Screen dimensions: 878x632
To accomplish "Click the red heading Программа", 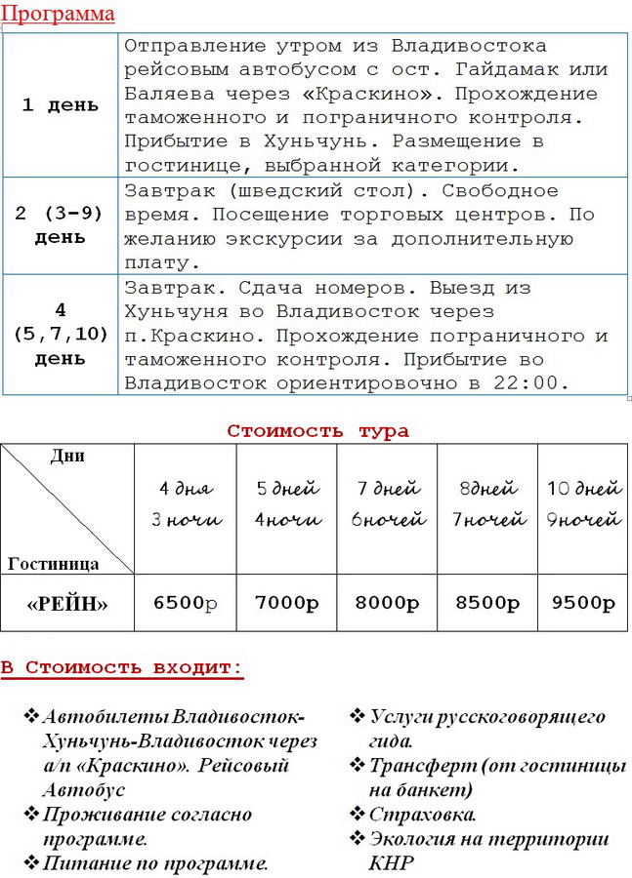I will [58, 14].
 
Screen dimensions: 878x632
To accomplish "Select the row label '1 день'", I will [61, 105].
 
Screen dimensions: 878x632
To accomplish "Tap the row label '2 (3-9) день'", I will [61, 225].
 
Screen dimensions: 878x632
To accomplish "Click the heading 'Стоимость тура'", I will [318, 430].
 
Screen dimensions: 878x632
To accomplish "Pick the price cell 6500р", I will [186, 602].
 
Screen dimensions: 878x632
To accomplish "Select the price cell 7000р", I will [287, 602].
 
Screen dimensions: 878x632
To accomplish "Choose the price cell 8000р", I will [387, 602].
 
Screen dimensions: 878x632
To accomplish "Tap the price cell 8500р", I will [487, 602].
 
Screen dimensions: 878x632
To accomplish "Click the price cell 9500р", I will [584, 602].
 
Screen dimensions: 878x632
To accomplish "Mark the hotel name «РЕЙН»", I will [67, 603].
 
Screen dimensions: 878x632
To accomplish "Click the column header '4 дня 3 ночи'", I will [186, 503].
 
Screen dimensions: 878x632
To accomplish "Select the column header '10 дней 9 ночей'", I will [584, 503].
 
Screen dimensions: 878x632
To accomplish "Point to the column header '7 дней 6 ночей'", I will [387, 503].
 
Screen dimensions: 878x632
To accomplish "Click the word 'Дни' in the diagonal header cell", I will [66, 456].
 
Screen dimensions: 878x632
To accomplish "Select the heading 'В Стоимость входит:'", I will [121, 668].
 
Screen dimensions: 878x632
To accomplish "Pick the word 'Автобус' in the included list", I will [84, 789].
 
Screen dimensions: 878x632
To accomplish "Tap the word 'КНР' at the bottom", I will [391, 862].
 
